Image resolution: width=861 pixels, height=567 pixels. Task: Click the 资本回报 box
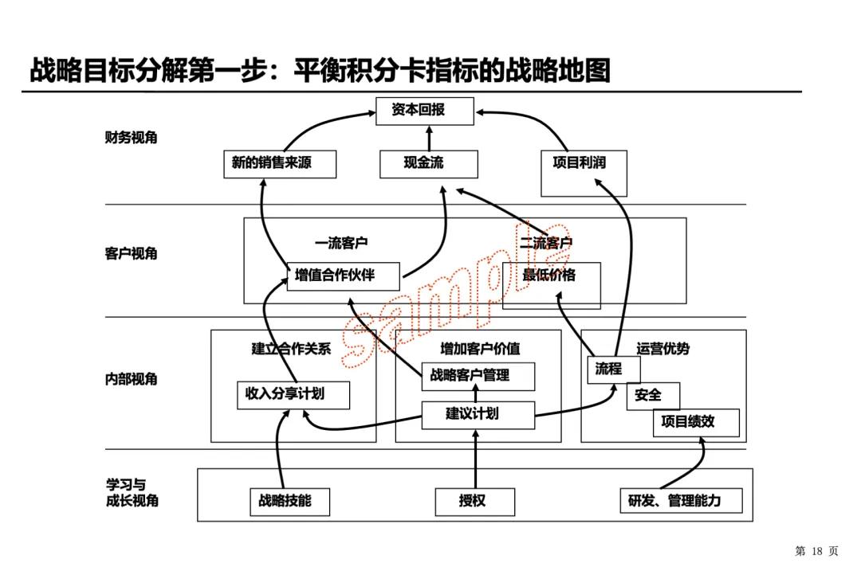[424, 111]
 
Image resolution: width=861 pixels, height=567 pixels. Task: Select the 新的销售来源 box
[279, 164]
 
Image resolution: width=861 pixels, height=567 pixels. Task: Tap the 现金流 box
[429, 164]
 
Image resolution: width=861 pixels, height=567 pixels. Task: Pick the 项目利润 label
[580, 162]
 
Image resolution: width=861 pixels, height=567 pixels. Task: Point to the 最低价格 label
[549, 276]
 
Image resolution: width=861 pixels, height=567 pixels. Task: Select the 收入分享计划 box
[293, 394]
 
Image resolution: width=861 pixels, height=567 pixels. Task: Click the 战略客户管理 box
[478, 376]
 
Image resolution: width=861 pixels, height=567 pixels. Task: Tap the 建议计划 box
[477, 413]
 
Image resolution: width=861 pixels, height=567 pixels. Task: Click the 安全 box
[652, 395]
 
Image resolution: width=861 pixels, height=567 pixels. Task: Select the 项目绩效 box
[695, 422]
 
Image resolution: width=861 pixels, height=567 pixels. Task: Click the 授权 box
[474, 502]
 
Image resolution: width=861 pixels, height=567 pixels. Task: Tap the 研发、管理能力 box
[681, 502]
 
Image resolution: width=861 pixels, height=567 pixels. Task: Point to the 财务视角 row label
[132, 138]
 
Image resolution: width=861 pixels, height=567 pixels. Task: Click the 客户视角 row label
[132, 254]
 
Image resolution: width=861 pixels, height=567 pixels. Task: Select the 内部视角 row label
[132, 378]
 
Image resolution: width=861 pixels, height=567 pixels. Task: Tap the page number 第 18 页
[817, 550]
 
